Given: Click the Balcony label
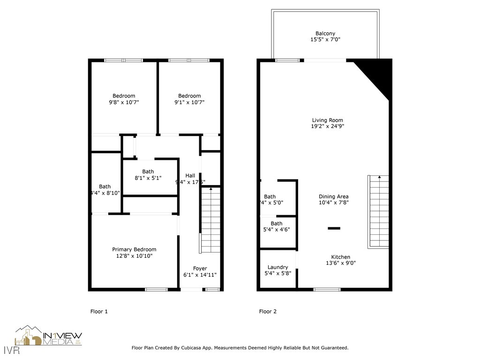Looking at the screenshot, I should point(325,34).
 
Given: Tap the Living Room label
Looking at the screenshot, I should point(327,120).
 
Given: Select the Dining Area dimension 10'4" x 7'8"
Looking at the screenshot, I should point(333,203).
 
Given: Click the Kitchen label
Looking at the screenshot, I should point(340,257).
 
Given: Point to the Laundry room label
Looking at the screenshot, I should point(277,267).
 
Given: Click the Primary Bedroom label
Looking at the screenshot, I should point(134,249).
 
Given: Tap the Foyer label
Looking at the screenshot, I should point(200,269).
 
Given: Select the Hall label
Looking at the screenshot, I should point(190,176).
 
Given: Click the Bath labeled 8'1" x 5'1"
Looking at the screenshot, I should point(148,172).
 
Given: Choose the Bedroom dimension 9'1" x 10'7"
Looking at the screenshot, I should point(189,102).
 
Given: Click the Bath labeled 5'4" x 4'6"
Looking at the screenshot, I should point(277,224).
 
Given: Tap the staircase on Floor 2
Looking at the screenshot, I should point(378,211).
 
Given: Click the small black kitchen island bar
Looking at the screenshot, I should point(334,228).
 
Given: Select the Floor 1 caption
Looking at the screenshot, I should point(99,311).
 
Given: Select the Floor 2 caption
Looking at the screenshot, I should point(268,311).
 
